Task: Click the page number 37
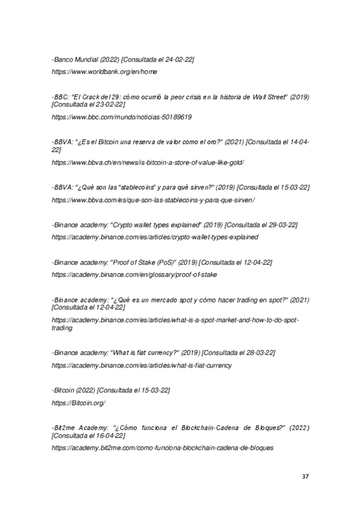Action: pos(305,476)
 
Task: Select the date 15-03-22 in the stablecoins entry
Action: pos(290,188)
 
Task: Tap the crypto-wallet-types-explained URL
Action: pos(155,237)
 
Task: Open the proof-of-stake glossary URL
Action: pos(134,274)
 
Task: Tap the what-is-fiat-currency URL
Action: pos(142,365)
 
